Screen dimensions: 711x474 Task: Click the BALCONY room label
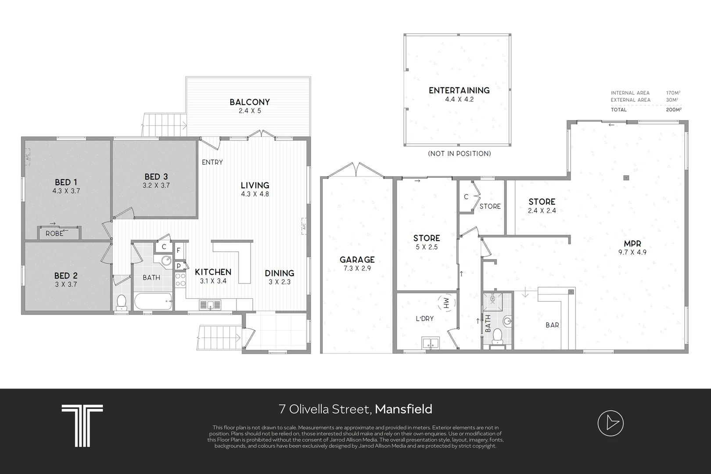pos(249,102)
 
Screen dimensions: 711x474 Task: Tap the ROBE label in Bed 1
pos(54,233)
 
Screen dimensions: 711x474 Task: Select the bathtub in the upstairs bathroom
pos(153,301)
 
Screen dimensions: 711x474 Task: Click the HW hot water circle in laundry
pos(446,303)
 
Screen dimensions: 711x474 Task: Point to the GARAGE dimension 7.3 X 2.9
pos(357,268)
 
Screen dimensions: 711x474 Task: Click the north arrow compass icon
pos(610,423)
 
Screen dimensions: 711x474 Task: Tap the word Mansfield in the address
pos(403,409)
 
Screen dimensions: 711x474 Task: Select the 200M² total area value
pos(674,110)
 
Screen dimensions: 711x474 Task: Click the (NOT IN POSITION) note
pos(459,154)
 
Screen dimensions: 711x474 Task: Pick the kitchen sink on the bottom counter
pos(210,305)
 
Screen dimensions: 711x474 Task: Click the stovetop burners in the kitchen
pos(180,280)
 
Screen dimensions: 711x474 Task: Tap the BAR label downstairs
pos(552,325)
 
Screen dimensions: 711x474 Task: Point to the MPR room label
pos(632,244)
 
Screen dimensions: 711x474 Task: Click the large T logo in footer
pos(82,425)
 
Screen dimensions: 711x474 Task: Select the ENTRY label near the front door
pos(212,162)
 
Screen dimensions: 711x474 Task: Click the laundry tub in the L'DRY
pos(431,343)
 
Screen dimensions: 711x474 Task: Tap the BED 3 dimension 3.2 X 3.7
pos(156,185)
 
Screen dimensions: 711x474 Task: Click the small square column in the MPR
pos(626,178)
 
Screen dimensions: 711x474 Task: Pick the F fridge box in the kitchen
pos(179,251)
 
